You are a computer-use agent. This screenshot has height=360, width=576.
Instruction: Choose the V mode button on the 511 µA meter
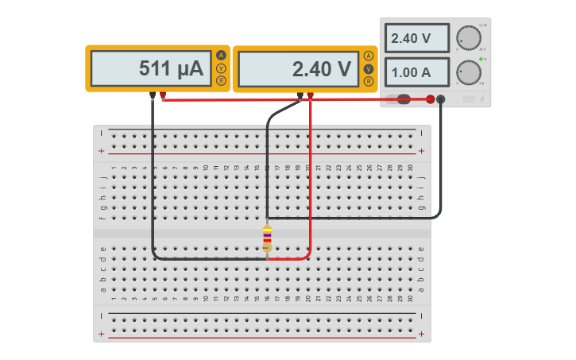click(x=221, y=68)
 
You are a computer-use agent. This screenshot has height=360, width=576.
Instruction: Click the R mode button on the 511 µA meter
click(x=221, y=79)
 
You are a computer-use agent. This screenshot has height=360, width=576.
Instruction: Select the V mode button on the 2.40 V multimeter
click(x=368, y=68)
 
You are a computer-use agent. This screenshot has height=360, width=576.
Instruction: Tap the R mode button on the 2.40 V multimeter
click(x=368, y=80)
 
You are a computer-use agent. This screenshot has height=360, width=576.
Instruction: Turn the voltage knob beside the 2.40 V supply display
click(x=470, y=37)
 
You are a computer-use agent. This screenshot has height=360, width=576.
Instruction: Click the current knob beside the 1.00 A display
click(x=470, y=72)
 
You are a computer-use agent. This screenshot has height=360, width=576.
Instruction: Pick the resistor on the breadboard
click(x=267, y=238)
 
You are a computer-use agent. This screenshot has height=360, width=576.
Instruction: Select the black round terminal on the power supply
click(x=441, y=99)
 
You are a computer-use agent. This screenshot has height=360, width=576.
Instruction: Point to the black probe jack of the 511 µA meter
click(x=153, y=95)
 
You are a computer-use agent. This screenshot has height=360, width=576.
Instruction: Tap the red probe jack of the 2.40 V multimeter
click(x=311, y=95)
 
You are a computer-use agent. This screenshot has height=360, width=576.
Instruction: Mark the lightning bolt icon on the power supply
click(x=480, y=99)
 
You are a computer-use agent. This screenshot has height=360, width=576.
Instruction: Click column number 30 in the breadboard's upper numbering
click(x=410, y=168)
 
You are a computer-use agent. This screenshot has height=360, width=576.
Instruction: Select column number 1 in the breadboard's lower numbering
click(x=114, y=299)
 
